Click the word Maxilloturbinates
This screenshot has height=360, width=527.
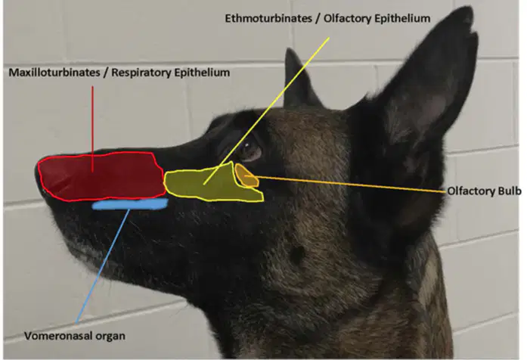[x=54, y=73]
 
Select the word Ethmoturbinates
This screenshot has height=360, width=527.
[x=268, y=18]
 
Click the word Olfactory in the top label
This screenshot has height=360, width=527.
[x=347, y=18]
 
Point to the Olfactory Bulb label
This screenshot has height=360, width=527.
[x=485, y=191]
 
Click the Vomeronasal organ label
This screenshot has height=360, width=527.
[x=75, y=336]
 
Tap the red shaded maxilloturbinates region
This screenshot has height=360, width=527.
[x=101, y=176]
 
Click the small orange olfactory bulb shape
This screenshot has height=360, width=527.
[x=246, y=175]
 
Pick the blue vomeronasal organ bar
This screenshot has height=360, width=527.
[x=130, y=203]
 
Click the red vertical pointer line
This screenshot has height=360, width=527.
[x=92, y=129]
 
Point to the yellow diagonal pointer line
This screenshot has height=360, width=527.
[x=267, y=110]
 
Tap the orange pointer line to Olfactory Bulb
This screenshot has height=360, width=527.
[x=346, y=184]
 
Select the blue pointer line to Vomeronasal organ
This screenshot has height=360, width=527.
[x=103, y=265]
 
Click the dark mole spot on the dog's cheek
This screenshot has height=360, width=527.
[x=297, y=254]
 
